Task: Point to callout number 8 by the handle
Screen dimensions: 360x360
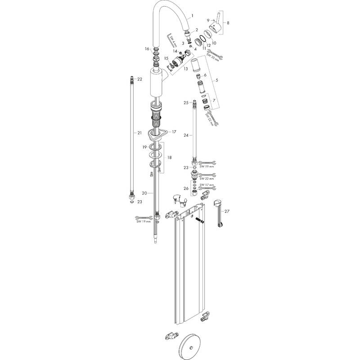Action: [228, 22]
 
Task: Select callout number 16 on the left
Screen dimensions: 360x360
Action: [147, 49]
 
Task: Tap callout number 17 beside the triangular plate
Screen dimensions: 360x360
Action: [175, 132]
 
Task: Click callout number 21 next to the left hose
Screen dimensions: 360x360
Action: [139, 133]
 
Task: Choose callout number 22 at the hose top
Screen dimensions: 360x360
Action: [139, 79]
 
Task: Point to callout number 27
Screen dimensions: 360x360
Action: [227, 211]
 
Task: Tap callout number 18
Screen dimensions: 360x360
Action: [170, 157]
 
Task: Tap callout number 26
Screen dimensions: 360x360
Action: [185, 188]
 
